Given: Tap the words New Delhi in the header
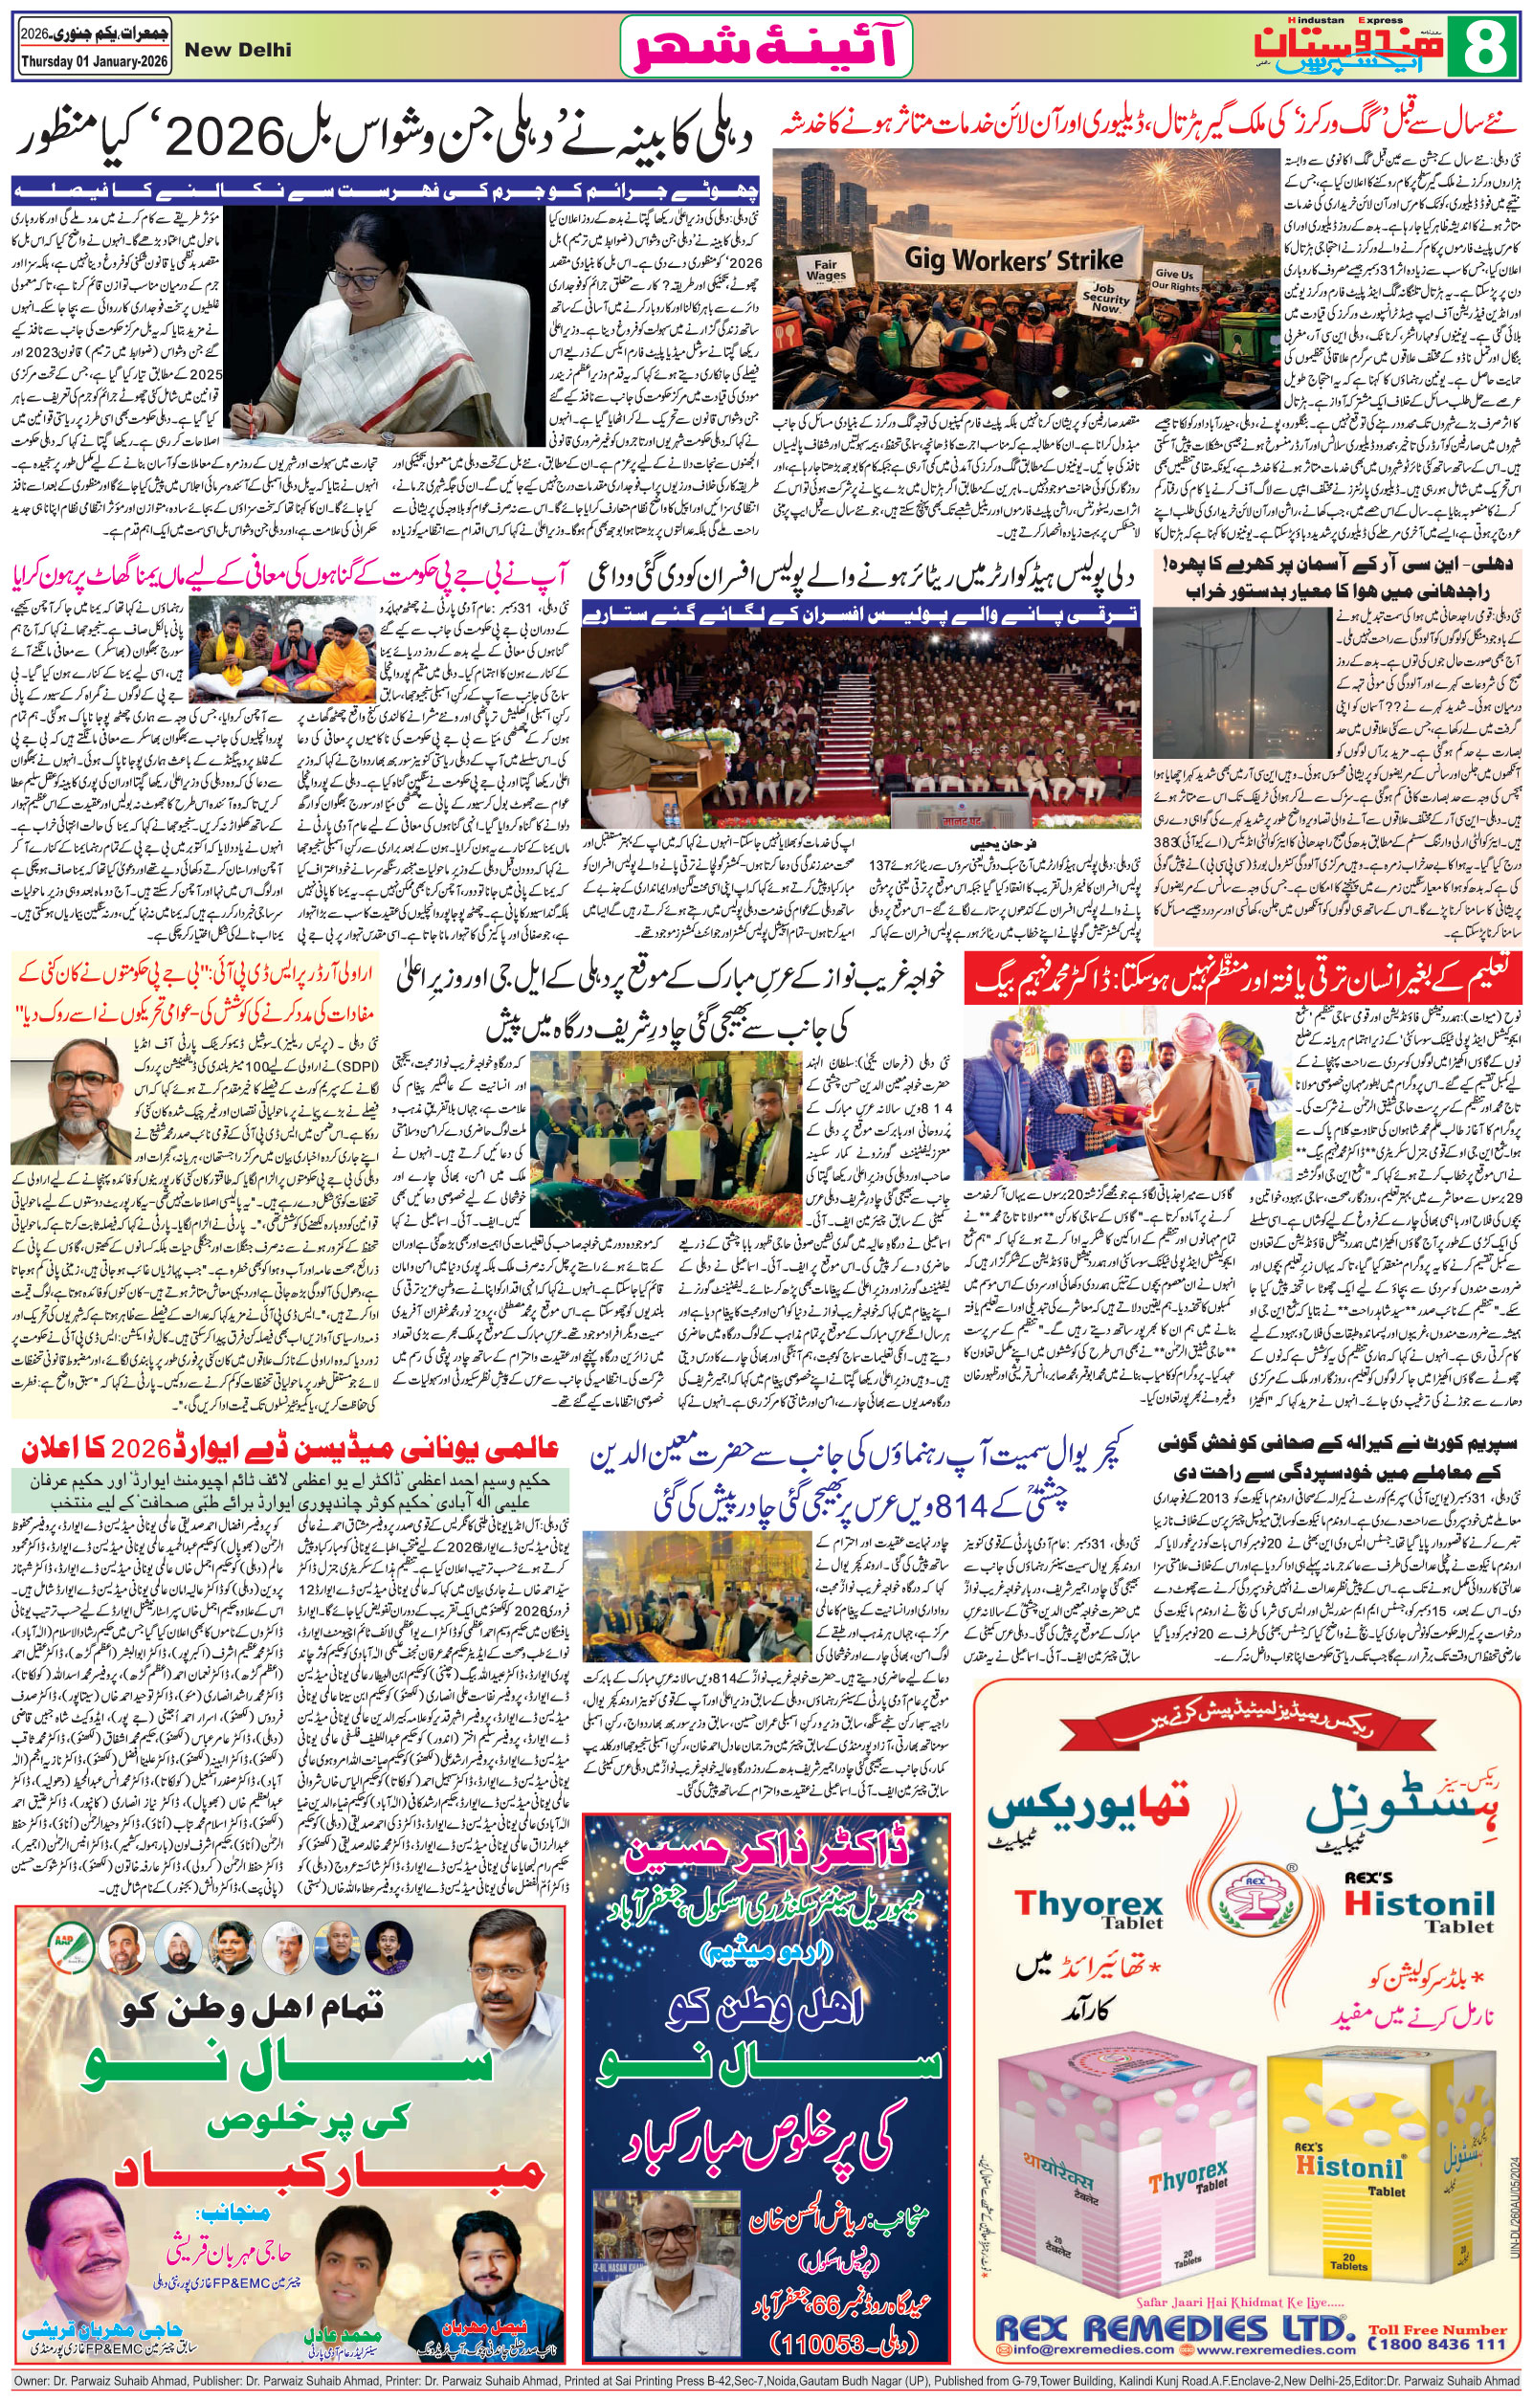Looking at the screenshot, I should pos(238,49).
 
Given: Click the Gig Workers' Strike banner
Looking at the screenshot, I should pos(1008,256).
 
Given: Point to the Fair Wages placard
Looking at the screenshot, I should pos(827,268).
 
